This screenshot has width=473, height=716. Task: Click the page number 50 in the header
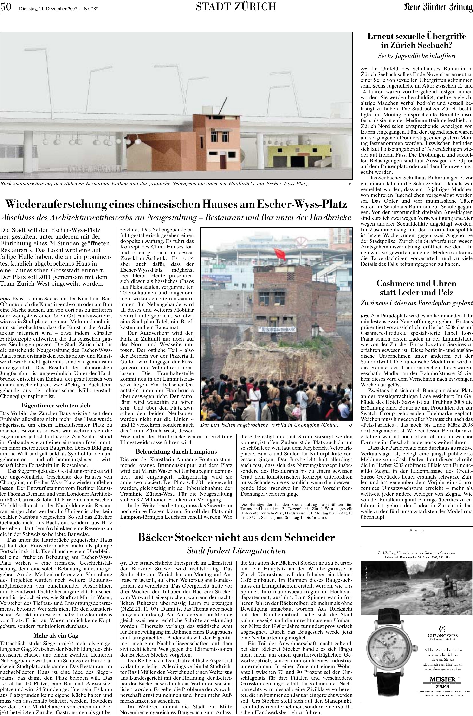pyautogui.click(x=6, y=6)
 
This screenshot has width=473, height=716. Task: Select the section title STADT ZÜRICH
pyautogui.click(x=236, y=7)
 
